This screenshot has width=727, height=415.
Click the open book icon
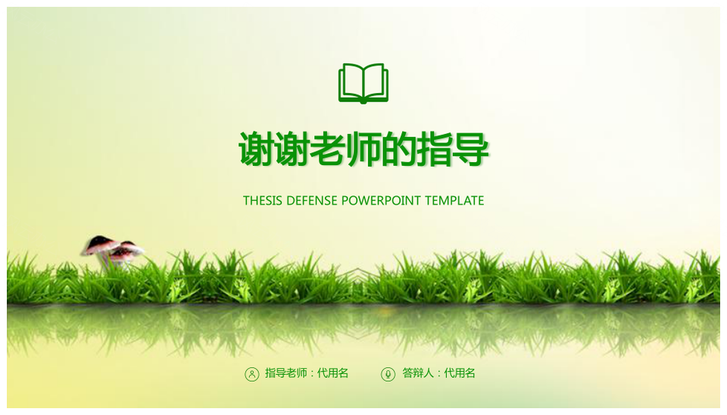point(363,83)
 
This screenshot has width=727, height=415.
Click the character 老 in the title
point(328,149)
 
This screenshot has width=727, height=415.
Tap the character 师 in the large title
point(363,149)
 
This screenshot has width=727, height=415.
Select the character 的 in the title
point(399,149)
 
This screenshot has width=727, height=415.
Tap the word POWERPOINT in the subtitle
point(381,201)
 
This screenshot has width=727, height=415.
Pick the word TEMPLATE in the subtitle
point(454,201)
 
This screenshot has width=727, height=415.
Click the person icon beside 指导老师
point(251,374)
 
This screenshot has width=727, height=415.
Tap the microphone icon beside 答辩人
point(388,374)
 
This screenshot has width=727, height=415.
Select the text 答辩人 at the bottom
point(418,373)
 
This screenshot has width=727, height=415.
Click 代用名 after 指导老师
point(333,373)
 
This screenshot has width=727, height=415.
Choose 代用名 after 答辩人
point(460,373)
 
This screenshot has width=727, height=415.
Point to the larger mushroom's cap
point(100,245)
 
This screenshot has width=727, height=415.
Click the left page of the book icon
point(351,82)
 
